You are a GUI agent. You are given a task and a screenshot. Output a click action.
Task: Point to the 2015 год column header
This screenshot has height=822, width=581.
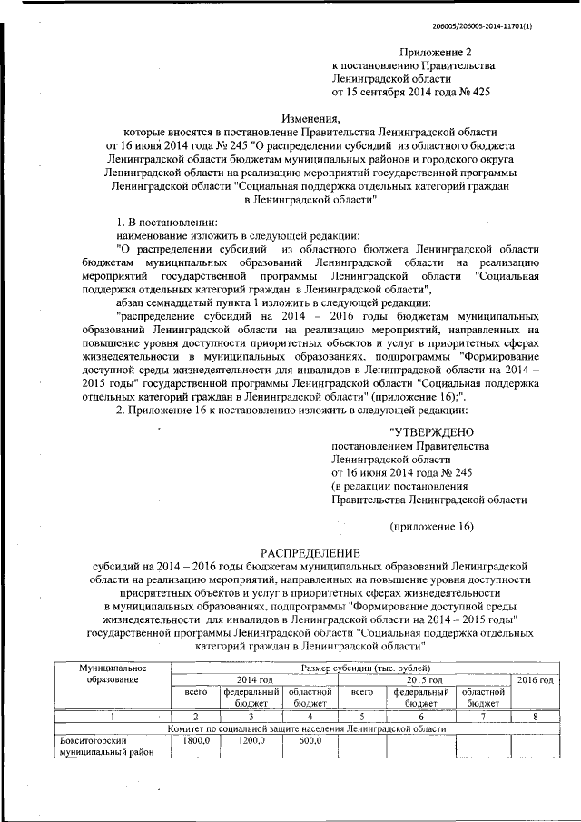pos(423,680)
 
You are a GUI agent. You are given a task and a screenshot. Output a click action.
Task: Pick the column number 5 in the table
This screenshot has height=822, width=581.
pos(362,717)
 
